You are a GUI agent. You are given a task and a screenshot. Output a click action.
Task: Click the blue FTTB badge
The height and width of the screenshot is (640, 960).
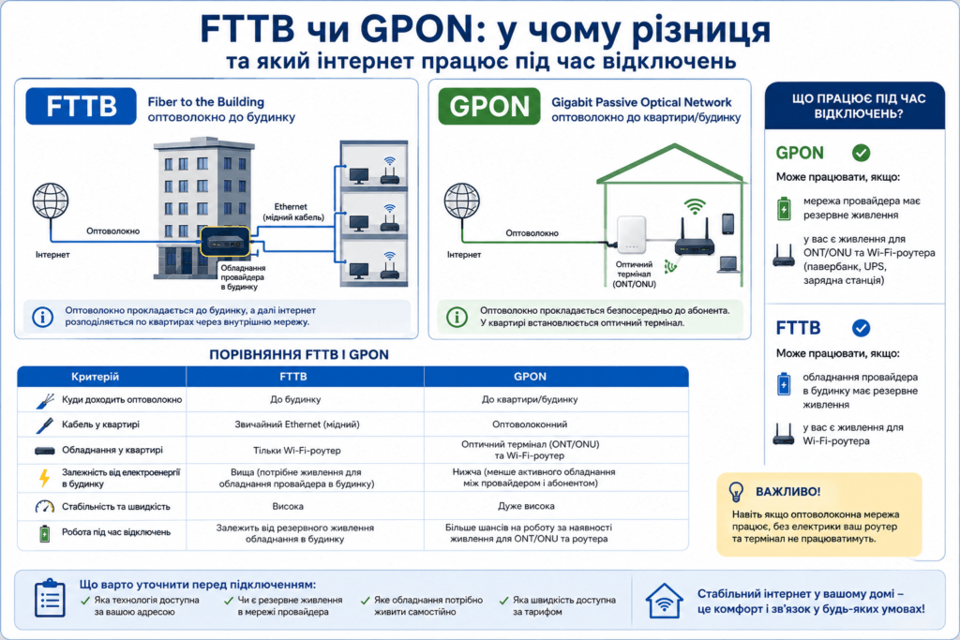click(x=81, y=106)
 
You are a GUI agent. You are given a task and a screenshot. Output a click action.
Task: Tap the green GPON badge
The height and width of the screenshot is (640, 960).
click(x=489, y=106)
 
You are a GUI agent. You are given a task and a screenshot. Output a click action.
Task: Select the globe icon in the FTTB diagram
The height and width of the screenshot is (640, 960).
click(x=51, y=201)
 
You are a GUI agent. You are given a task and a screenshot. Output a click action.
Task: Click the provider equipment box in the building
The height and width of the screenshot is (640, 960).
click(x=225, y=242)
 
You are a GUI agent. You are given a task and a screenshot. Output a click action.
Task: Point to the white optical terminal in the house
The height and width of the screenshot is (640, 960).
click(x=631, y=234)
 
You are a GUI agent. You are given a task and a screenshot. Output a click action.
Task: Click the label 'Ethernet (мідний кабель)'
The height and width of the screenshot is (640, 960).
click(x=293, y=212)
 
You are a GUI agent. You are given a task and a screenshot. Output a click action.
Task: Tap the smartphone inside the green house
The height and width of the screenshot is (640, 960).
click(x=727, y=224)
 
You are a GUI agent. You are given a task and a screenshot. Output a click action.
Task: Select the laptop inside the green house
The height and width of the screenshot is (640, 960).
click(x=727, y=264)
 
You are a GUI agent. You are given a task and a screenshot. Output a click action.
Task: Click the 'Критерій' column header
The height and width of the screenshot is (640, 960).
click(x=95, y=377)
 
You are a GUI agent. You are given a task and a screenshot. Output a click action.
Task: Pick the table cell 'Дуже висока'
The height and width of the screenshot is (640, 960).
click(x=527, y=506)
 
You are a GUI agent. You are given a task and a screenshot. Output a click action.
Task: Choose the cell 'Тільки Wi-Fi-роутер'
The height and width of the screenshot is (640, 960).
click(x=297, y=451)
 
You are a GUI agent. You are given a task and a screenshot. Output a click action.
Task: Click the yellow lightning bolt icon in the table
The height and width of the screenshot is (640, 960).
click(x=44, y=477)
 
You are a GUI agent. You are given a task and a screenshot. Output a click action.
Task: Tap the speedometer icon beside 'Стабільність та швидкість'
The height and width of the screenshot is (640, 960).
click(x=45, y=507)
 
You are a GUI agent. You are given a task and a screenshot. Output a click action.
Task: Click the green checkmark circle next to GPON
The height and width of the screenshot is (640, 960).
click(x=861, y=153)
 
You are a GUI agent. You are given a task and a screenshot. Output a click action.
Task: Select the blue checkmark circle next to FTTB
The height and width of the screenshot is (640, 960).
click(x=861, y=329)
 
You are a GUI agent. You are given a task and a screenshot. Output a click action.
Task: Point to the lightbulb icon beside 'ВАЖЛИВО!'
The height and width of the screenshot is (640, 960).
click(x=736, y=491)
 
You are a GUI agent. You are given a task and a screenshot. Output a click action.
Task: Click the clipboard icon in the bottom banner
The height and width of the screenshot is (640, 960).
click(x=50, y=598)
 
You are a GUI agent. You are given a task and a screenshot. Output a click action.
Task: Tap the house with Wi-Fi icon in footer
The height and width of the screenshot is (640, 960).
click(x=665, y=601)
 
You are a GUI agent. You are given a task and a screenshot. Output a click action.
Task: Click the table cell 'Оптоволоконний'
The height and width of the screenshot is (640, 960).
click(x=530, y=424)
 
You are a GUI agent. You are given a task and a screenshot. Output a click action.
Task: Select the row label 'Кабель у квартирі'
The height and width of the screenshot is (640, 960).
click(x=100, y=424)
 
